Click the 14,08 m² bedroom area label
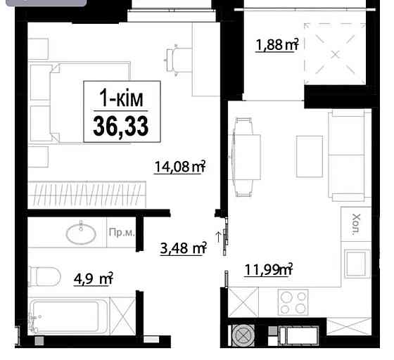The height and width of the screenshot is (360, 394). click(179, 167)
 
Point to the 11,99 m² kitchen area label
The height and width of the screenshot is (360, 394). click(268, 268)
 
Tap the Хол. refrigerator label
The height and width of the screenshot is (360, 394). click(355, 224)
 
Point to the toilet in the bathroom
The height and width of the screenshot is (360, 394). click(46, 277)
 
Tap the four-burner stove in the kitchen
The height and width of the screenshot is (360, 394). click(293, 304)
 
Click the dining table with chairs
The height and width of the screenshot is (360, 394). click(243, 155)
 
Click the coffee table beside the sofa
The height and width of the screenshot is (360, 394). click(307, 155)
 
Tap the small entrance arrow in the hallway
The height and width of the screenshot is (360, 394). click(218, 237)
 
